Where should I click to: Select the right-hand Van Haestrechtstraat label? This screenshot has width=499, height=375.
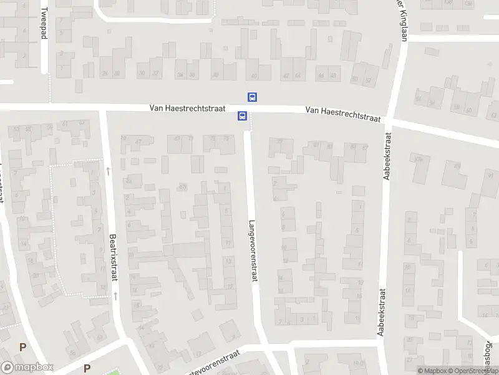tap(343, 114)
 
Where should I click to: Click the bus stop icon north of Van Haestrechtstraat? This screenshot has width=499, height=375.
tap(253, 97)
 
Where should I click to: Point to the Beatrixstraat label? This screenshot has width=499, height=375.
tap(113, 257)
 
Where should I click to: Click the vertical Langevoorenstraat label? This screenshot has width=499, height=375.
tap(253, 250)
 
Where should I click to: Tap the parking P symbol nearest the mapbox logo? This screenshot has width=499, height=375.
tap(23, 347)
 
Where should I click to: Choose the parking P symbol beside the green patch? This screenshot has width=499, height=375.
tap(87, 368)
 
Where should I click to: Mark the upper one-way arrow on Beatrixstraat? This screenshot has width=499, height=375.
tap(108, 170)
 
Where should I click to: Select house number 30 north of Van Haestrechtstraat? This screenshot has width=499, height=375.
tap(142, 74)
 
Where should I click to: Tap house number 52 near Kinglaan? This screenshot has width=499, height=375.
tap(368, 80)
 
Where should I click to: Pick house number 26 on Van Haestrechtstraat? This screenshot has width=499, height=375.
tap(104, 74)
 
